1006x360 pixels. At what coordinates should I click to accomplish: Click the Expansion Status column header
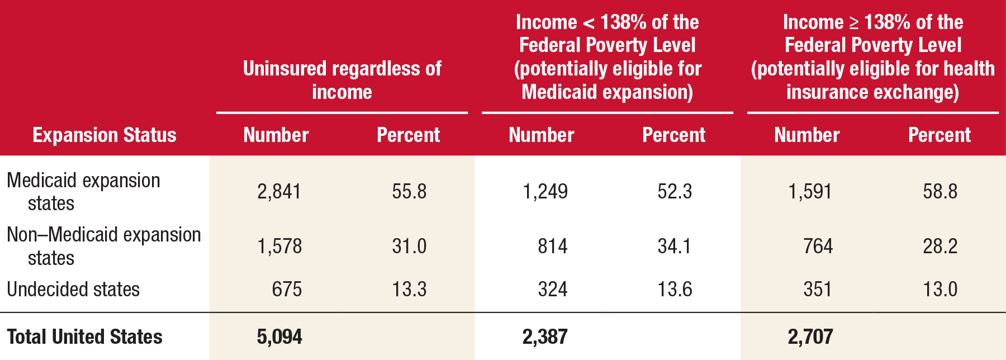pyautogui.click(x=105, y=135)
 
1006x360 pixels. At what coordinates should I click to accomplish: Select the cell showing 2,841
pyautogui.click(x=279, y=192)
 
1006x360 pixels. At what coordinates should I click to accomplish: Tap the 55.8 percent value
pyautogui.click(x=409, y=192)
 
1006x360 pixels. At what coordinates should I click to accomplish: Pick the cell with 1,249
pyautogui.click(x=545, y=192)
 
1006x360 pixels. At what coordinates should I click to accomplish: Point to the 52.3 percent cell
pyautogui.click(x=675, y=192)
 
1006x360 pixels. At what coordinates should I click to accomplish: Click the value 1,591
pyautogui.click(x=810, y=192)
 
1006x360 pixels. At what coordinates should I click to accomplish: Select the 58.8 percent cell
pyautogui.click(x=940, y=192)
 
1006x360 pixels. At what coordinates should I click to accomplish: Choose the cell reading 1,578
pyautogui.click(x=279, y=247)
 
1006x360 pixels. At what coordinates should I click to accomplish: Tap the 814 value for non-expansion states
pyautogui.click(x=552, y=247)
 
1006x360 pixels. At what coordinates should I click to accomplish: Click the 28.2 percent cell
pyautogui.click(x=940, y=247)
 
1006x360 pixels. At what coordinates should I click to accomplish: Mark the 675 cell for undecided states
pyautogui.click(x=286, y=290)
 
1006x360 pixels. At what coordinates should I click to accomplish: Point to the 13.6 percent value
pyautogui.click(x=675, y=290)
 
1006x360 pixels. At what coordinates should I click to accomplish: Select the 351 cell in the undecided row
pyautogui.click(x=818, y=290)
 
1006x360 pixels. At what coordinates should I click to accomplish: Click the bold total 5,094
pyautogui.click(x=279, y=337)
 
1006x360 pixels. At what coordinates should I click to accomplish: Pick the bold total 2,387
pyautogui.click(x=545, y=337)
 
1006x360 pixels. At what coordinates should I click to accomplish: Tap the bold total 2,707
pyautogui.click(x=810, y=337)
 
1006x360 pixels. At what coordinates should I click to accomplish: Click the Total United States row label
pyautogui.click(x=84, y=337)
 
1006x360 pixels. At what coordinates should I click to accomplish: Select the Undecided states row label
pyautogui.click(x=73, y=290)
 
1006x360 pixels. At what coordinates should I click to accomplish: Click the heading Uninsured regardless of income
pyautogui.click(x=342, y=80)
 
